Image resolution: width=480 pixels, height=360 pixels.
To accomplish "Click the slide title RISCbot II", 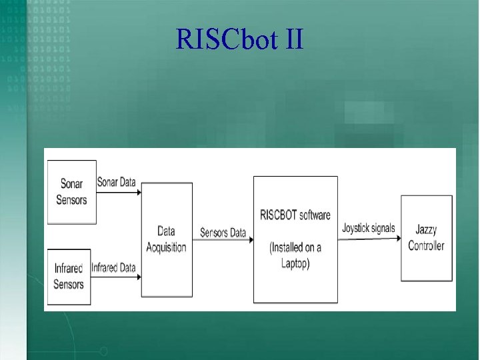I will coord(239,40).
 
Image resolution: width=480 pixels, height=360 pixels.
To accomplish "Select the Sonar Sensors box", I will coord(71,191).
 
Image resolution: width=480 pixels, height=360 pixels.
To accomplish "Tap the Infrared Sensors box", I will coord(69,276).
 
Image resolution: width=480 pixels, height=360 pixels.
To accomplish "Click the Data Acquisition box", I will coord(166,239).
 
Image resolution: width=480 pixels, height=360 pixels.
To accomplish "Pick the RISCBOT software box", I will coord(295,239).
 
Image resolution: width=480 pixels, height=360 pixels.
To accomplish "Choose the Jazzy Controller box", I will coord(427,238).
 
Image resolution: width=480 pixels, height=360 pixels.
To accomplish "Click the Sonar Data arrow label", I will coord(116,182).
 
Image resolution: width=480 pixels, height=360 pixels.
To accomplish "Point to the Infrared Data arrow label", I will coord(113,268).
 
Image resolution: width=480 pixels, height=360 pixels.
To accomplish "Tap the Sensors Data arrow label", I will coord(223,233).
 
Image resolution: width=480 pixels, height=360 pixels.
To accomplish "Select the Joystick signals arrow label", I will coord(368,228).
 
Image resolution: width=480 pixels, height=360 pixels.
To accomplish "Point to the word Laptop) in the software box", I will coord(295,263).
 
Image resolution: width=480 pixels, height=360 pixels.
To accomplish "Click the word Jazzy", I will coord(426,231).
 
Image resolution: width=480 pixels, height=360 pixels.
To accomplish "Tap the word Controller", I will coord(426,245).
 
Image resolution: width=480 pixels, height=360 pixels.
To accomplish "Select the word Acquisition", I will coord(166,247).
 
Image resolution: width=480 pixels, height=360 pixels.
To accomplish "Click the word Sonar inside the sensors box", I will coord(71,184).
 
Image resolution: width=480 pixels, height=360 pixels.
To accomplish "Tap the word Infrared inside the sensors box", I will coord(69,269).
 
